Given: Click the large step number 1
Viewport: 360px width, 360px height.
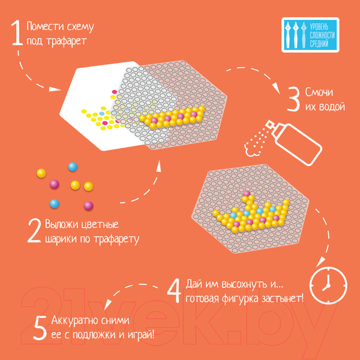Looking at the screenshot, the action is (x=17, y=32).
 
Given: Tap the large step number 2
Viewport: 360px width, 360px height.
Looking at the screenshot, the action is (x=34, y=231).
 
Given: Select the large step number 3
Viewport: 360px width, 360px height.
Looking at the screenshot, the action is (x=293, y=100).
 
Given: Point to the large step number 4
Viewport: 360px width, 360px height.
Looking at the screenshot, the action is (x=174, y=291).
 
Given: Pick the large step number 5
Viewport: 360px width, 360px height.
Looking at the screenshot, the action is (x=40, y=328).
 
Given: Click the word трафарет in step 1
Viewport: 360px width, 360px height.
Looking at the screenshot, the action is (x=67, y=42).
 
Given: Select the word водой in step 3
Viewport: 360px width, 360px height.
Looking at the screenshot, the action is (x=333, y=107).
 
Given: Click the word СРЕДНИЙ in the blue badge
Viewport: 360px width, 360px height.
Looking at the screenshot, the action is (x=319, y=44).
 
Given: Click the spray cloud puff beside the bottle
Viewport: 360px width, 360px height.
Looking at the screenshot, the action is (x=250, y=148).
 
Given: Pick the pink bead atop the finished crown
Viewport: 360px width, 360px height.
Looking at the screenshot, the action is (x=247, y=194).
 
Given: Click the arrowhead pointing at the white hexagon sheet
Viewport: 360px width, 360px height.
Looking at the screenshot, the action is (x=55, y=89).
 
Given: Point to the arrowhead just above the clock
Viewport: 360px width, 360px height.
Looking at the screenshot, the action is (x=319, y=262).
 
